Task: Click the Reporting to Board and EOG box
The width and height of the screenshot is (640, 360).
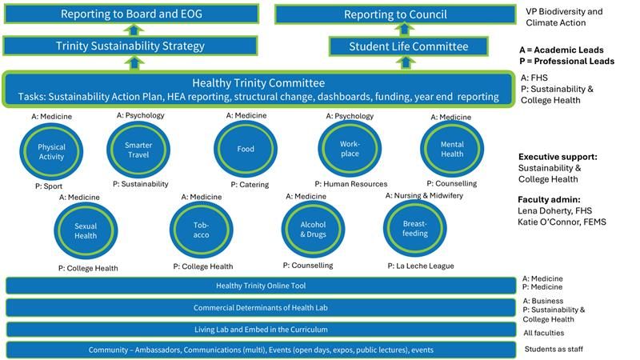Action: click(131, 14)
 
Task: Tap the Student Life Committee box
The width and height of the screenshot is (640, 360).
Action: click(408, 46)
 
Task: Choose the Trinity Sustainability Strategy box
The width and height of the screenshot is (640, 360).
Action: click(131, 46)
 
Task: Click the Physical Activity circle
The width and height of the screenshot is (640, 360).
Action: click(51, 152)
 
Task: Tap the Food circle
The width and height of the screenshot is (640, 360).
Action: click(246, 150)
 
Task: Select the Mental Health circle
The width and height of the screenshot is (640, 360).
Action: click(452, 149)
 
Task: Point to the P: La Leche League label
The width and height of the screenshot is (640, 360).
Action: click(420, 266)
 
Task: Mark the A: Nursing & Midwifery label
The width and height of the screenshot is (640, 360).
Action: click(424, 195)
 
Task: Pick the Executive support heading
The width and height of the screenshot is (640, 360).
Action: click(558, 157)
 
